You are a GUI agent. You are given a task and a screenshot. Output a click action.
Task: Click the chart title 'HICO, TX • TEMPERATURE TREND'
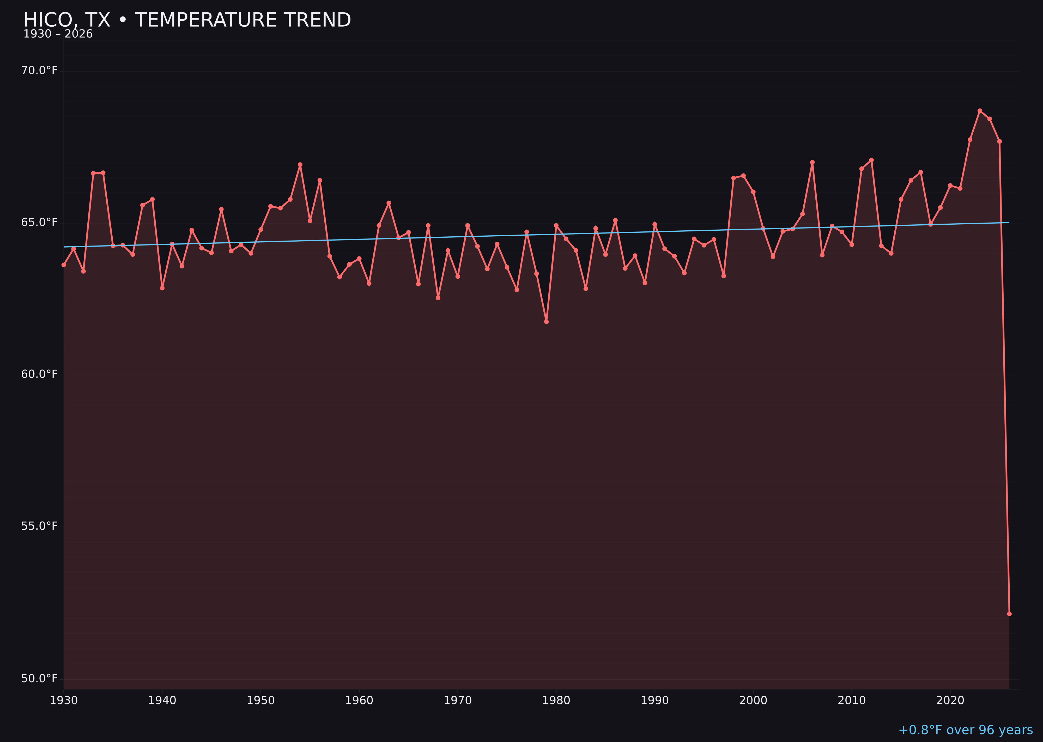tap(187, 20)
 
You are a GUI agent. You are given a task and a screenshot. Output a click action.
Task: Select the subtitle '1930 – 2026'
tap(58, 34)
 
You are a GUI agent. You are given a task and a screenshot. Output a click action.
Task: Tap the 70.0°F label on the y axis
tap(39, 70)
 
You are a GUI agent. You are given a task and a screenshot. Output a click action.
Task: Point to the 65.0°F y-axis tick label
tap(39, 223)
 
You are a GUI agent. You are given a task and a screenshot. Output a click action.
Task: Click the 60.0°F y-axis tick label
tap(39, 374)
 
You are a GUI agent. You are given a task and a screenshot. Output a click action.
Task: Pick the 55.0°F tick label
tap(39, 526)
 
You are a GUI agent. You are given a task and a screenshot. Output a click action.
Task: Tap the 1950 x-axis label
tap(261, 701)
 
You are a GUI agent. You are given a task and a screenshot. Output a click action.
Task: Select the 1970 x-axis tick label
tap(458, 701)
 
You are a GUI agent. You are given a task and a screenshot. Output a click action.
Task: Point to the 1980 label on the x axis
tap(556, 701)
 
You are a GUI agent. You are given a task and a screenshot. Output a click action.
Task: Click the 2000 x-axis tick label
tap(753, 701)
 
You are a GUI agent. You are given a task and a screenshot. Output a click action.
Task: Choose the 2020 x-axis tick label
tap(950, 701)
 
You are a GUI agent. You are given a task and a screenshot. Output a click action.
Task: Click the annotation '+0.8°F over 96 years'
tap(965, 730)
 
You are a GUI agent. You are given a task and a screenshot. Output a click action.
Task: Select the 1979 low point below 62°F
tap(546, 322)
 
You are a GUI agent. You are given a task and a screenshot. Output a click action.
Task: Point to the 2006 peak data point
tap(812, 162)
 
